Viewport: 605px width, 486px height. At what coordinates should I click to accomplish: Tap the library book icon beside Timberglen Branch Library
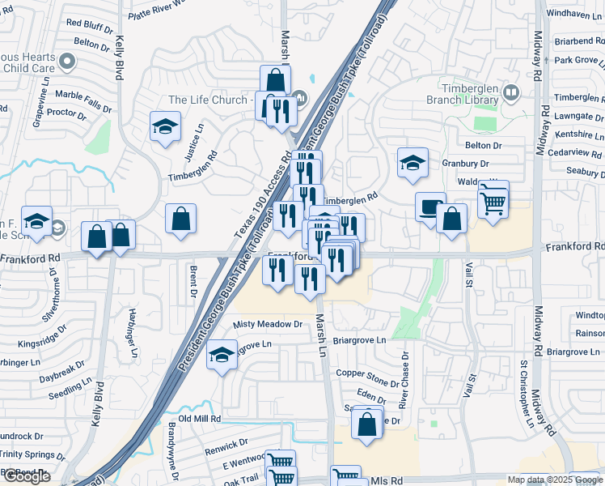click(511, 93)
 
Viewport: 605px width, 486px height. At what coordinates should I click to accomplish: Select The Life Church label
click(208, 100)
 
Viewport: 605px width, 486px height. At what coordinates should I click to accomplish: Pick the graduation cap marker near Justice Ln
click(165, 126)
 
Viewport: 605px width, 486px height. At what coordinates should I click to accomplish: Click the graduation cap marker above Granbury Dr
click(412, 163)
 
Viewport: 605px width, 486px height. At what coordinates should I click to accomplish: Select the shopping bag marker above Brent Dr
click(180, 219)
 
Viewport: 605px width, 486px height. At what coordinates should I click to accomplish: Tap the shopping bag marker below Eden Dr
click(367, 423)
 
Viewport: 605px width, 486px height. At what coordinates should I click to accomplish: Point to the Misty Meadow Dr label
click(267, 324)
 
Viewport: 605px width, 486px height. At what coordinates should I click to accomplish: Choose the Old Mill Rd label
click(200, 418)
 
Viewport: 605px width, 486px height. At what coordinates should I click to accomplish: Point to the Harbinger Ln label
click(132, 332)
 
